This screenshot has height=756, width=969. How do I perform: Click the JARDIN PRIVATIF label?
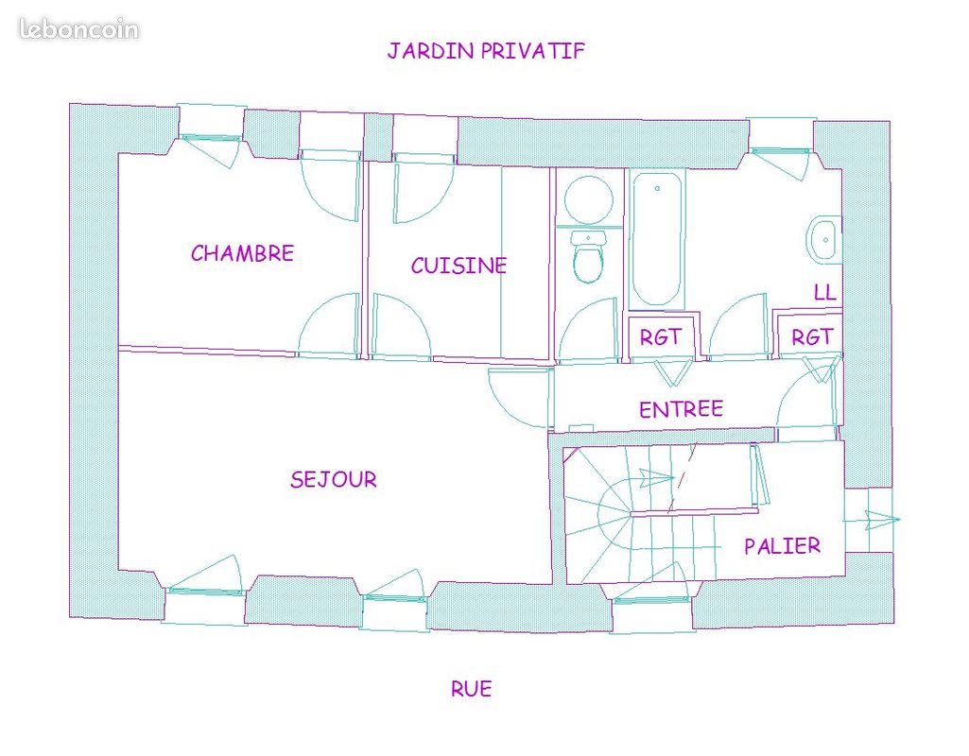pyautogui.click(x=486, y=51)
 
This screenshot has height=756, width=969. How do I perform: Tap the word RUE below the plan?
pyautogui.click(x=471, y=689)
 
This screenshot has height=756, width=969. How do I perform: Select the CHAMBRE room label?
pyautogui.click(x=242, y=253)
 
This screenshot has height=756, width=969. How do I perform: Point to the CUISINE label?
pyautogui.click(x=459, y=266)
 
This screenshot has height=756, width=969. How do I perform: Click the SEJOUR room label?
pyautogui.click(x=333, y=479)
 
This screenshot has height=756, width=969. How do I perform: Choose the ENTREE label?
pyautogui.click(x=681, y=409)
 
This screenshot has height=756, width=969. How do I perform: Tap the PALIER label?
pyautogui.click(x=782, y=545)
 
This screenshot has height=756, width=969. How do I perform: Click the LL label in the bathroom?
pyautogui.click(x=824, y=293)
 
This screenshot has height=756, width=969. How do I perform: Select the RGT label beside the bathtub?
pyautogui.click(x=660, y=337)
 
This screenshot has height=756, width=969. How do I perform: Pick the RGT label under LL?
pyautogui.click(x=812, y=336)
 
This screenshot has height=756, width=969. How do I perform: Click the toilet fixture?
pyautogui.click(x=589, y=257)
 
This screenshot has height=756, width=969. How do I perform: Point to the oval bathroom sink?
pyautogui.click(x=822, y=240)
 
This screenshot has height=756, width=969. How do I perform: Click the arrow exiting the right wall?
pyautogui.click(x=881, y=518)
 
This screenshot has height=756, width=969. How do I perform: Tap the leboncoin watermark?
pyautogui.click(x=78, y=29)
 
